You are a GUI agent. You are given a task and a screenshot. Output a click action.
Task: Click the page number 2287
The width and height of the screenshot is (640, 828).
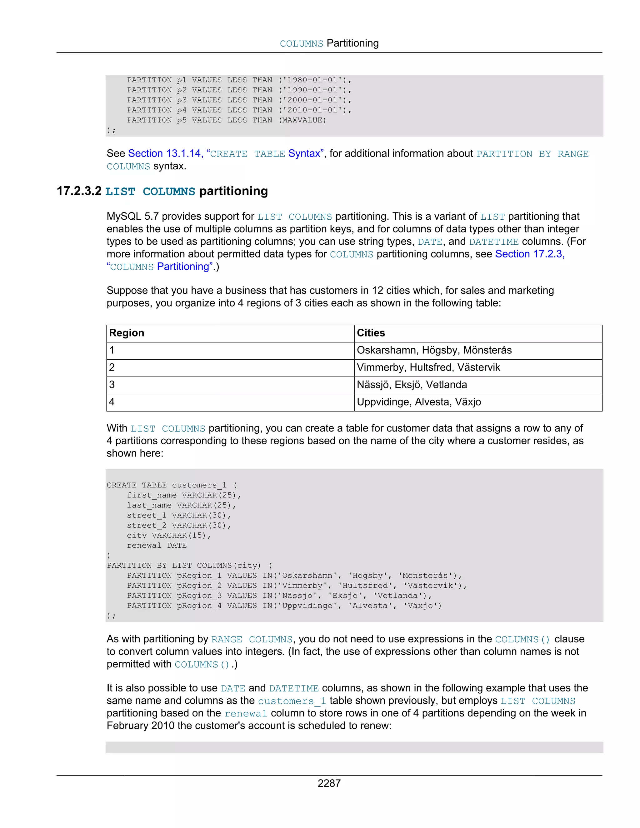tap(329, 783)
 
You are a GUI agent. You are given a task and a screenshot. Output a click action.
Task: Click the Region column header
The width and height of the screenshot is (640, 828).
tap(127, 333)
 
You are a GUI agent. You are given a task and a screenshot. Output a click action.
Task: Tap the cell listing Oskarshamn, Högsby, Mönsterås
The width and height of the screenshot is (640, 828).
tap(434, 350)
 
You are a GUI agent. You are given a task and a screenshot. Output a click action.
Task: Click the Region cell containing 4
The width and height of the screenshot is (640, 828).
tap(112, 402)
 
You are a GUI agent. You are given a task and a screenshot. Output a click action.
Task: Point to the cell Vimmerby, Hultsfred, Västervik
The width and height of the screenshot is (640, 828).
tap(428, 367)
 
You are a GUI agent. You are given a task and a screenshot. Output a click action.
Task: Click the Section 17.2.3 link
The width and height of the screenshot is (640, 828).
tap(529, 254)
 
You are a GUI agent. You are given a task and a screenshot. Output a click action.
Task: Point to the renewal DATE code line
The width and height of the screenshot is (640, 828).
tap(157, 546)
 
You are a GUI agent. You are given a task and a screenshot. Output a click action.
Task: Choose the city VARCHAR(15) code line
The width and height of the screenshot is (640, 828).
tap(169, 535)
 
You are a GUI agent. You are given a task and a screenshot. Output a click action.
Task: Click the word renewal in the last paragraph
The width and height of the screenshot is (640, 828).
tap(246, 714)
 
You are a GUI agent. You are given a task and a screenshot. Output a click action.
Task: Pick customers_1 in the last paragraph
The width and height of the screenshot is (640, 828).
tap(292, 701)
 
